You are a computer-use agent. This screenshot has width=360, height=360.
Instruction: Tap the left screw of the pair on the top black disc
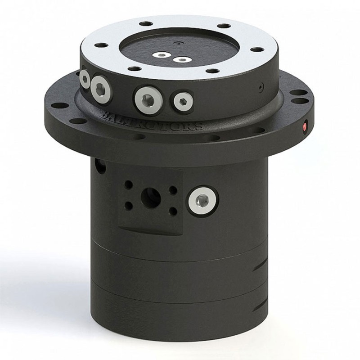click(x=161, y=55)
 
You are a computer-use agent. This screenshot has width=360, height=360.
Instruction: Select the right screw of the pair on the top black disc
click(x=182, y=59)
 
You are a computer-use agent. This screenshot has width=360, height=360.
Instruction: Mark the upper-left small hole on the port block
click(x=129, y=184)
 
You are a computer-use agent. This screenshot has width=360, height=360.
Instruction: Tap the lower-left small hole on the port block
click(x=129, y=206)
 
